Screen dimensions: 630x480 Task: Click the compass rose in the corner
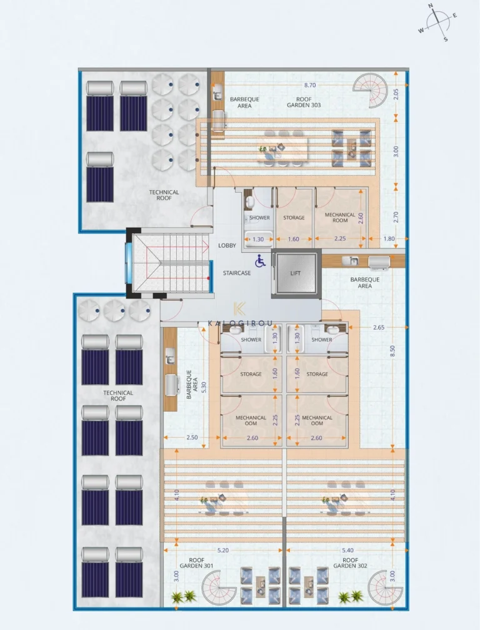click(x=437, y=22)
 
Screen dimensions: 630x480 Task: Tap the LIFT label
click(x=296, y=273)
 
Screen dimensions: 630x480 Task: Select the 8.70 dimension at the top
click(x=310, y=84)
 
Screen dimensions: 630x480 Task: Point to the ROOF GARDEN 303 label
click(x=304, y=102)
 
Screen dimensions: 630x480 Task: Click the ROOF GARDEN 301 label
click(x=200, y=564)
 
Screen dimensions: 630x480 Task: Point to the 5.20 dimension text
click(x=223, y=550)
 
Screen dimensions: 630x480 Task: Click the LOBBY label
click(x=227, y=245)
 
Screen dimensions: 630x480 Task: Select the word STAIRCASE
click(x=237, y=273)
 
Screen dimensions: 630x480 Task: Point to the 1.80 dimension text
click(x=389, y=239)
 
